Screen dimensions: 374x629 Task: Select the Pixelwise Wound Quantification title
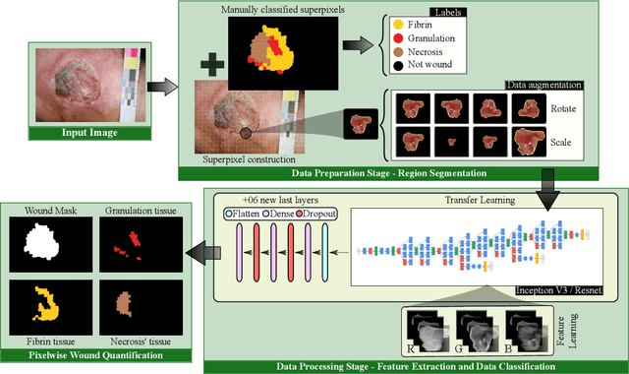click(90, 353)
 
